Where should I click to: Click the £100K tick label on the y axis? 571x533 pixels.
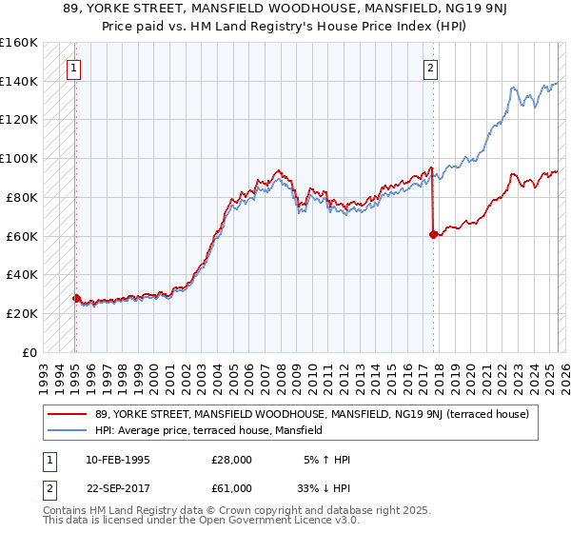pyautogui.click(x=19, y=158)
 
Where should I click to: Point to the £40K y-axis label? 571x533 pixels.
pyautogui.click(x=22, y=274)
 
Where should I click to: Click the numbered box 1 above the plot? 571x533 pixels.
pyautogui.click(x=73, y=68)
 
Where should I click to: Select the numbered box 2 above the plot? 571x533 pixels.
pyautogui.click(x=430, y=68)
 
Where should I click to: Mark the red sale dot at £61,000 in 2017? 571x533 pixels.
pyautogui.click(x=433, y=233)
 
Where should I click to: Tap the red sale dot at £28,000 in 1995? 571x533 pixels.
pyautogui.click(x=77, y=297)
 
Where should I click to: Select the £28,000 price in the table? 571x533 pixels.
pyautogui.click(x=231, y=461)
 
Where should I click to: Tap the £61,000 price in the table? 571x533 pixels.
pyautogui.click(x=231, y=487)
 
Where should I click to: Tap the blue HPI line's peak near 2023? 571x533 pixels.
pyautogui.click(x=513, y=89)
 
